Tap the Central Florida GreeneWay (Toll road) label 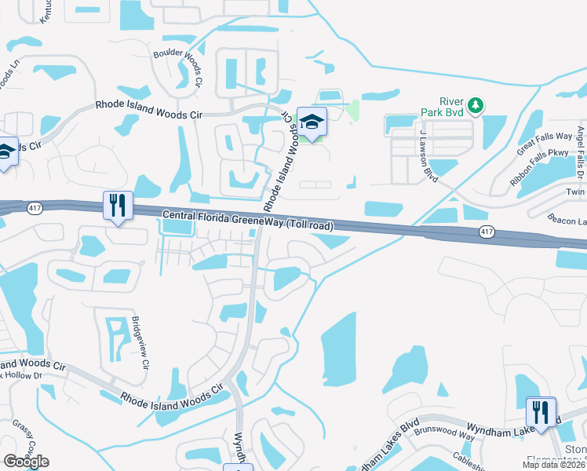click(x=248, y=220)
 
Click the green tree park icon click(x=475, y=105)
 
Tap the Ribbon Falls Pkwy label click(x=537, y=166)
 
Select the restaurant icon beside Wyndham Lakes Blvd click(x=541, y=412)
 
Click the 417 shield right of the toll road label click(x=487, y=231)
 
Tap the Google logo click(x=26, y=461)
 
